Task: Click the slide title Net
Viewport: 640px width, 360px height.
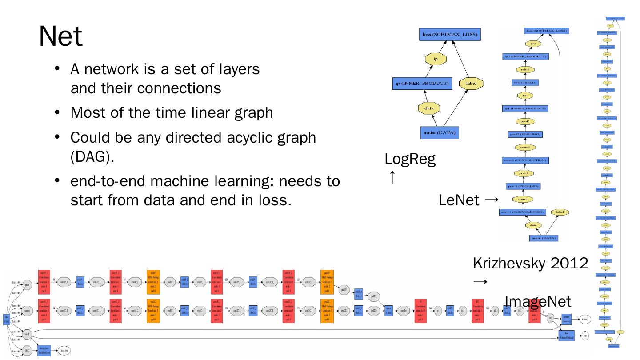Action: [61, 36]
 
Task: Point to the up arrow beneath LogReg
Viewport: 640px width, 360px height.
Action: [392, 178]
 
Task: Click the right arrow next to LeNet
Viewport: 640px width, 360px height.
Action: [491, 200]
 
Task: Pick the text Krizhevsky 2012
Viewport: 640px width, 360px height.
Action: [530, 263]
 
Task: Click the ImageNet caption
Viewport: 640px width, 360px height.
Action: [538, 302]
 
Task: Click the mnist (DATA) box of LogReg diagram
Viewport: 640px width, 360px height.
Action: [440, 132]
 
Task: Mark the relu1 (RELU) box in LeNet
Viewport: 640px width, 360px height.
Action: [525, 83]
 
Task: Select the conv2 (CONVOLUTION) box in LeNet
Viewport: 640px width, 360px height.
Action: [525, 160]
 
